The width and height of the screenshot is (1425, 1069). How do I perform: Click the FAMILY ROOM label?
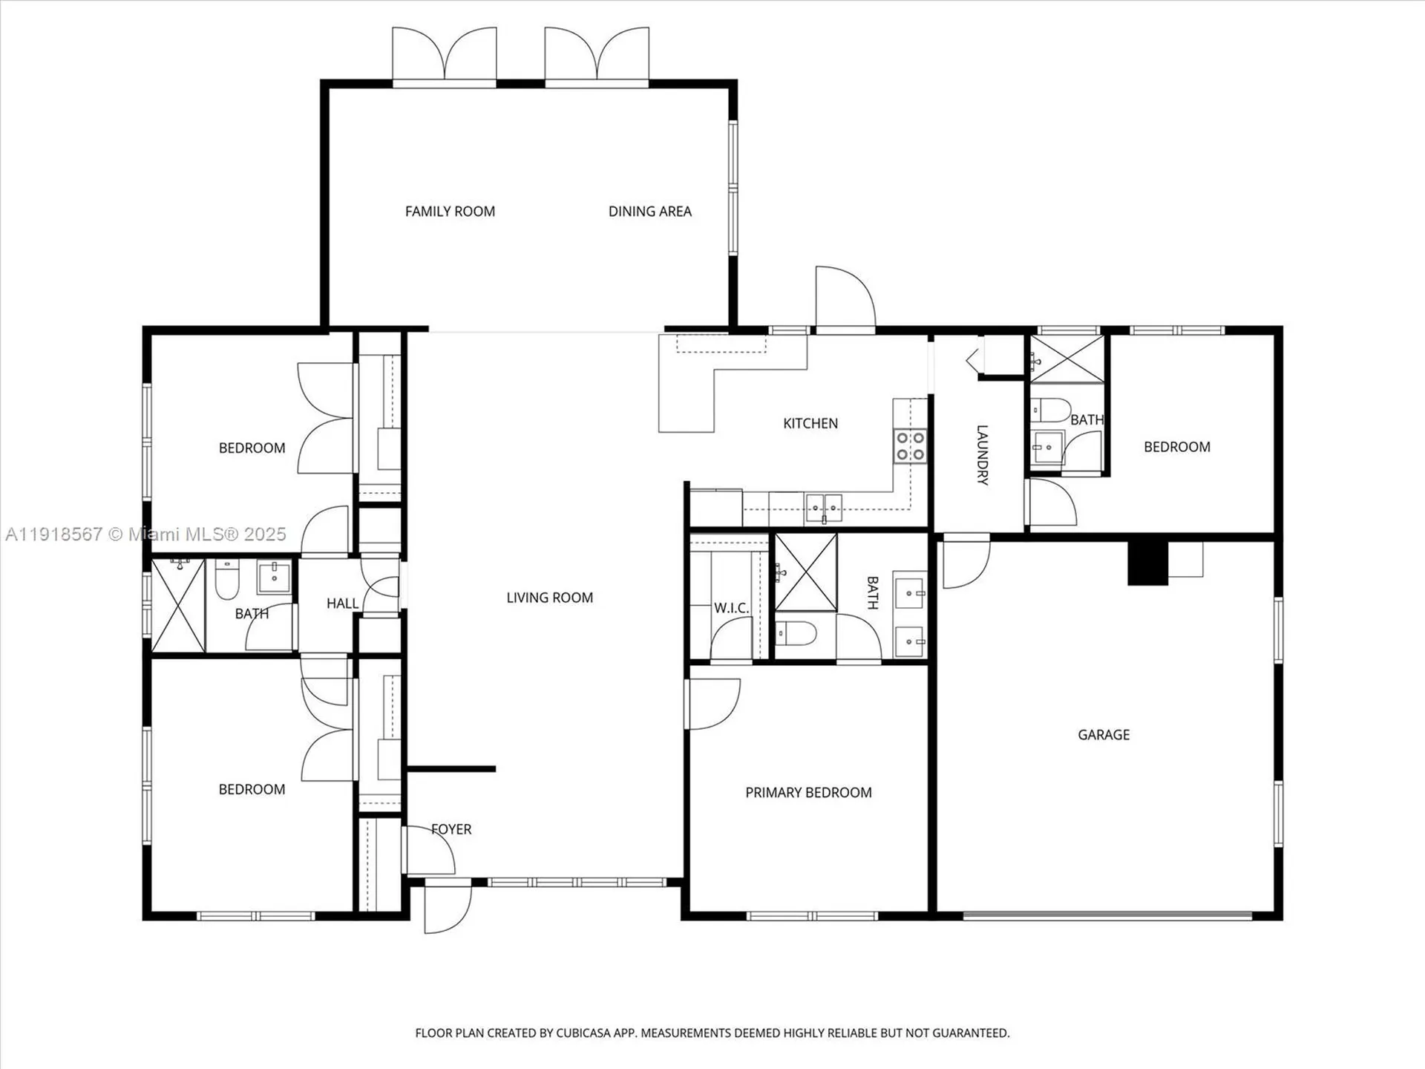coord(450,212)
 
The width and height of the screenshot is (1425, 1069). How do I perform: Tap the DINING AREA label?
coord(649,212)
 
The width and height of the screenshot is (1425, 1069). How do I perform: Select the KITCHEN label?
coord(810,423)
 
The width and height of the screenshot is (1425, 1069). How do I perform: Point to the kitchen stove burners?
coord(910,446)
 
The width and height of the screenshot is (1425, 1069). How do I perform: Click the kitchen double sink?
coord(824,507)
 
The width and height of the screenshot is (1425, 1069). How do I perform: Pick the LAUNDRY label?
coord(981,454)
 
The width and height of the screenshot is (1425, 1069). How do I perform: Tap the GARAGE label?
coord(1104,735)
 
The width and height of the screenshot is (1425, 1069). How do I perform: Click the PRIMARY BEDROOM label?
coord(808,793)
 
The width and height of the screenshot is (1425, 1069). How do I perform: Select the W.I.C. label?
coord(731,608)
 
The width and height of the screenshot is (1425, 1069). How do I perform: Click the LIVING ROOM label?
coord(549,598)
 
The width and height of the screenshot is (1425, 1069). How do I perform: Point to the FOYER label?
coord(451,829)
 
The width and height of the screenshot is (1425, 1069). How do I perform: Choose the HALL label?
coord(342,604)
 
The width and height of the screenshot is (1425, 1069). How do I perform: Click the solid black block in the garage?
coord(1147,563)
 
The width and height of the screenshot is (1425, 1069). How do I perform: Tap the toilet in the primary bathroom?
coord(796,633)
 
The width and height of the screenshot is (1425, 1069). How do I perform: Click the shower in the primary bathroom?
coord(806,572)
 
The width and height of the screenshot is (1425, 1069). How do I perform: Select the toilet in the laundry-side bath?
coord(1050,410)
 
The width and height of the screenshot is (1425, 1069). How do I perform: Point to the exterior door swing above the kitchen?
coord(844,297)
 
